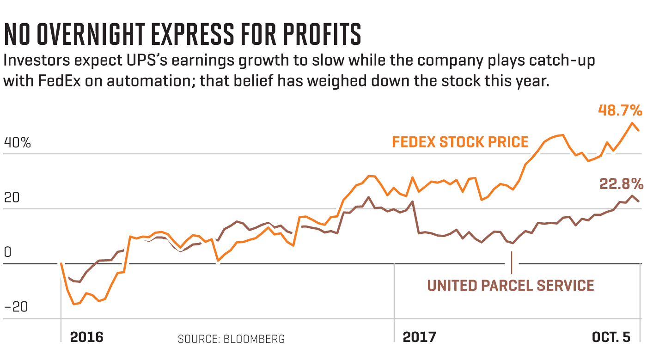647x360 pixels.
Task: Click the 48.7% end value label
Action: click(x=619, y=110)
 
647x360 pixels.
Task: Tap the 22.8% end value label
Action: click(x=621, y=184)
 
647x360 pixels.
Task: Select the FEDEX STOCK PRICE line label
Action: click(x=460, y=142)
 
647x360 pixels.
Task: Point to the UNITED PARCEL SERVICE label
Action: click(x=511, y=285)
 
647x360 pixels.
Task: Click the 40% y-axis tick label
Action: click(x=17, y=143)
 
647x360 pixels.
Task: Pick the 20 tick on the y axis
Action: click(x=12, y=198)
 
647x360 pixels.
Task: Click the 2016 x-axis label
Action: click(x=86, y=337)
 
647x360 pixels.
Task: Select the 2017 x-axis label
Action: click(x=419, y=337)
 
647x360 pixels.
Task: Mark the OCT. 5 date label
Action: click(x=611, y=337)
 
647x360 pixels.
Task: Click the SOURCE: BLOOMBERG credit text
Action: click(x=231, y=339)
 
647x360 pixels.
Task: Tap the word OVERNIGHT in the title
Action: click(x=101, y=35)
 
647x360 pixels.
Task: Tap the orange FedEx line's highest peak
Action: click(x=631, y=122)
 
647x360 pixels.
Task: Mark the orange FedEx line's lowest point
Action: click(x=74, y=304)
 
